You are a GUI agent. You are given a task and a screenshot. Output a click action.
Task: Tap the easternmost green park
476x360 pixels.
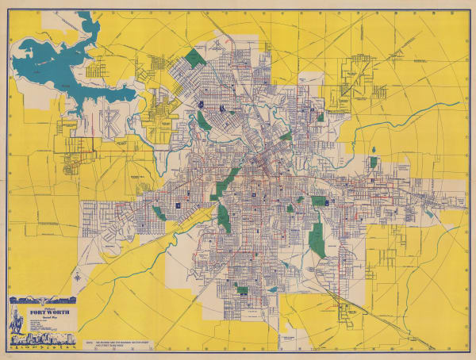click(373, 162)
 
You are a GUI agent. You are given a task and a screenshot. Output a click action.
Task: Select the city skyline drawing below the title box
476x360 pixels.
click(40, 343)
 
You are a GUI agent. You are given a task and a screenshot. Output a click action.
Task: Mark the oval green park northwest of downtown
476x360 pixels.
click(205, 121)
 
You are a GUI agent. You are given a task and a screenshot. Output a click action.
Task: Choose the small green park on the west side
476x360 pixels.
click(159, 213)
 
